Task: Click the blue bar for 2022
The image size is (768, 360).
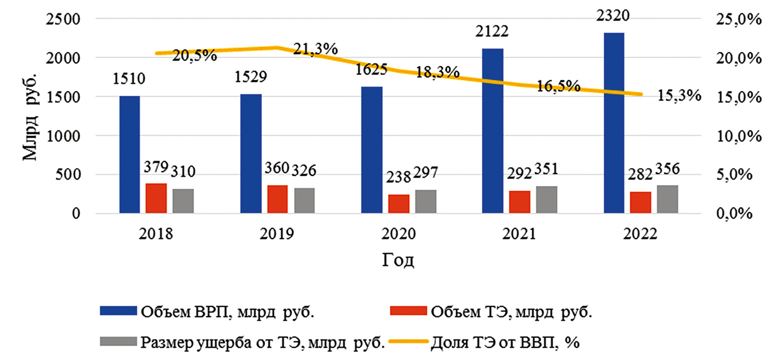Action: coord(614,123)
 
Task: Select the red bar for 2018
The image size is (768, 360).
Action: coord(156,198)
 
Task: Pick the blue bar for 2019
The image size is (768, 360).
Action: coord(251,153)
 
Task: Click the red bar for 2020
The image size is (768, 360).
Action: coord(399,204)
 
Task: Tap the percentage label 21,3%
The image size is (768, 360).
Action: coord(315,49)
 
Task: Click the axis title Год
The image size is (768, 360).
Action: coord(399,260)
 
